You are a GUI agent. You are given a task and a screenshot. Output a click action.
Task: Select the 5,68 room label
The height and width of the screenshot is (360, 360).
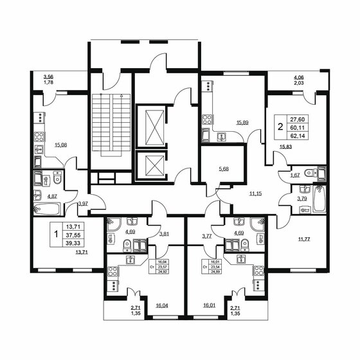point(224,170)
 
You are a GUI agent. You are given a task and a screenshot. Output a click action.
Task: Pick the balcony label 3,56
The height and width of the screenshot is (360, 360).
point(48,76)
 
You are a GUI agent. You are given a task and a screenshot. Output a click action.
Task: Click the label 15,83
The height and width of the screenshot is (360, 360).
point(285,147)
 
